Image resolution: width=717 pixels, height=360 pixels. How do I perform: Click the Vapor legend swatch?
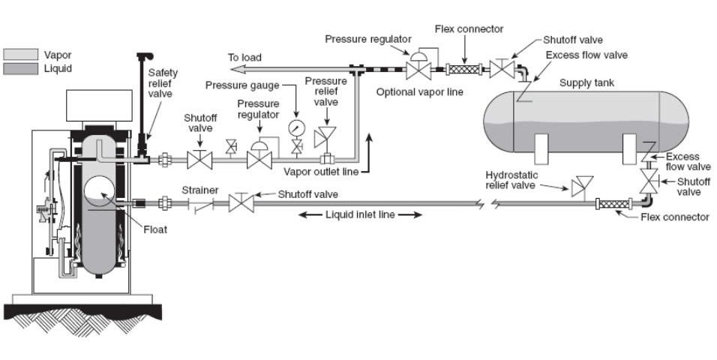coord(20,55)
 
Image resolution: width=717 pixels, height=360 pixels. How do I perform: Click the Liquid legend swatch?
coord(20,68)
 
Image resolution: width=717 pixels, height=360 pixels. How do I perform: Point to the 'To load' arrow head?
coord(236,69)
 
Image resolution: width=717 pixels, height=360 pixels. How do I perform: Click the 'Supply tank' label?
coord(586,82)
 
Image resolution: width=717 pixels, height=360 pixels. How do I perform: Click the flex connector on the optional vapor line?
coord(464,70)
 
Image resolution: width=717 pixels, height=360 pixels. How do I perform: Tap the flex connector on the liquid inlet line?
coord(614,203)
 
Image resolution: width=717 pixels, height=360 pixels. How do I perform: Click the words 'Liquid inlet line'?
coord(360,214)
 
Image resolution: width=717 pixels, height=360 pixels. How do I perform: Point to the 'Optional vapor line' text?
coord(420,92)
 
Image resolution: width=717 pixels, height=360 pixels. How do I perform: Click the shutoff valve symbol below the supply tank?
coord(649,181)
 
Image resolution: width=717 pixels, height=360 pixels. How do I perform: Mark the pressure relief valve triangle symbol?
coord(325,136)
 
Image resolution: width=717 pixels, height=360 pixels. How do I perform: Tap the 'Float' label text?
coord(155,229)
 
